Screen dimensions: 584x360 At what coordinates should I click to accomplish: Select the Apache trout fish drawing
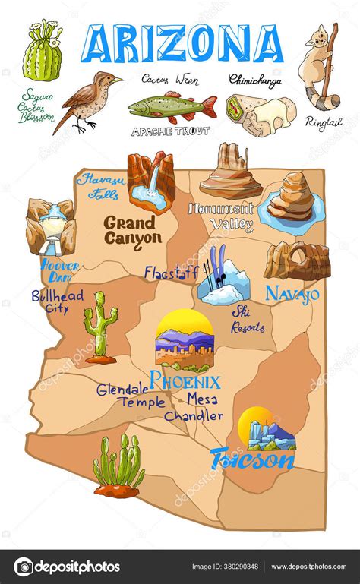pyautogui.click(x=172, y=106)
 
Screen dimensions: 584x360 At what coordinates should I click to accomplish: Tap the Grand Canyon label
pyautogui.click(x=132, y=230)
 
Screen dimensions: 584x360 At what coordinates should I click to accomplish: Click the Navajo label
pyautogui.click(x=292, y=293)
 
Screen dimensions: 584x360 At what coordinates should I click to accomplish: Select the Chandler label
pyautogui.click(x=194, y=416)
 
